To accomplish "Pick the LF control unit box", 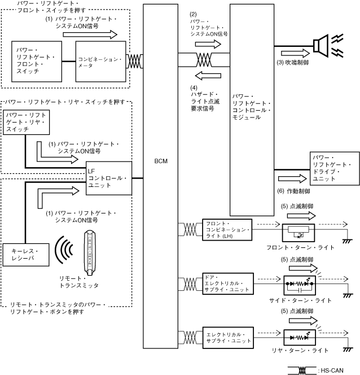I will coord(108,177).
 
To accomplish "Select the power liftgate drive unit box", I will coord(333,167).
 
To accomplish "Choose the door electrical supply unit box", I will coord(227,282).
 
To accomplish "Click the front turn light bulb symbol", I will coord(299,232).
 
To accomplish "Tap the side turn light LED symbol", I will coord(299,282).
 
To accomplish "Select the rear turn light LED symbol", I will coord(299,338).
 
